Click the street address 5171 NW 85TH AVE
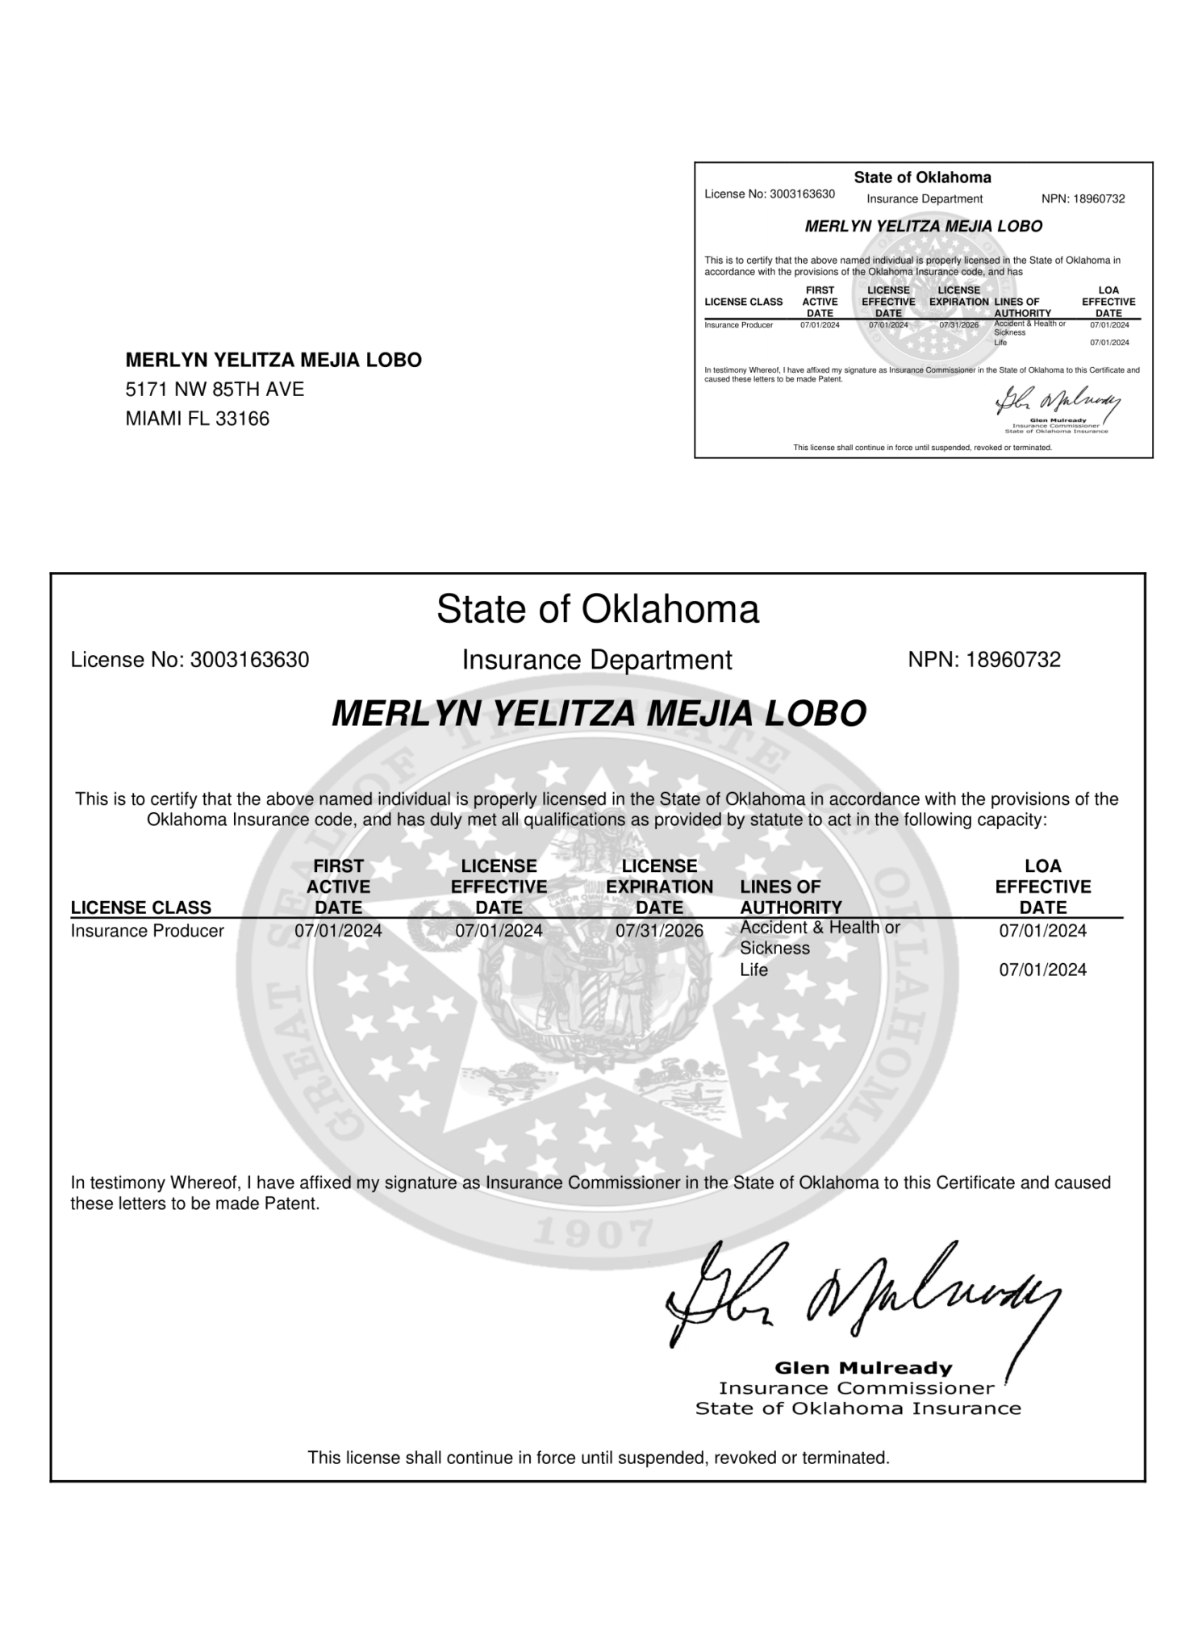coord(215,390)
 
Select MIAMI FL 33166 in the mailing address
coord(197,419)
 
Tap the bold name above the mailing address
coord(273,360)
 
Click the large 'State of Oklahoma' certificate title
coord(597,609)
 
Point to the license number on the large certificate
coord(190,660)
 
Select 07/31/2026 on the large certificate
coord(659,930)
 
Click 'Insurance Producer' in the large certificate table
coord(147,930)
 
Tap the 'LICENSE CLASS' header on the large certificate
coord(140,907)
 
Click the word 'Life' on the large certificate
coord(753,969)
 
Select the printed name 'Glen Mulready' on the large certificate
coord(862,1367)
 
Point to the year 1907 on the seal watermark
coord(594,1231)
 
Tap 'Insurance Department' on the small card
coord(925,198)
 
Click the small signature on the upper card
coord(1058,401)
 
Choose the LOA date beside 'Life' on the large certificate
coord(1042,969)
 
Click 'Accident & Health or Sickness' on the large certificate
coord(819,937)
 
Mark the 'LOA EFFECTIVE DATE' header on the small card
coord(1108,302)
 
